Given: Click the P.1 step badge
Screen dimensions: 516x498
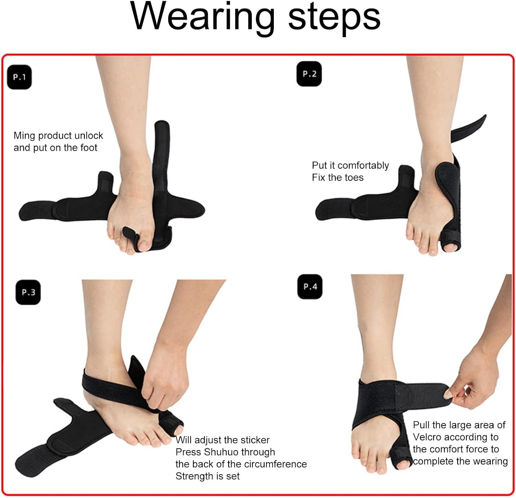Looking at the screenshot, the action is (19, 77).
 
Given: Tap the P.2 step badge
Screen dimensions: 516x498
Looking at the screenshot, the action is (309, 74).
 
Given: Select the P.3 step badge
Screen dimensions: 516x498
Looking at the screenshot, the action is (28, 292).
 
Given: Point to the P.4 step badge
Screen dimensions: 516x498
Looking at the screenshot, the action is (310, 287).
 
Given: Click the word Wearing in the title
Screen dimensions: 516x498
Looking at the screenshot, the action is (203, 17).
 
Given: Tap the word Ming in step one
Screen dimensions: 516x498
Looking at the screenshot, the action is (24, 136).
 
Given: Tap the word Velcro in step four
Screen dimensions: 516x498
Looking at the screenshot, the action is (427, 437).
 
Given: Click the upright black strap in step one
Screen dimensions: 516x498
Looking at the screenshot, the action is (161, 162).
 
